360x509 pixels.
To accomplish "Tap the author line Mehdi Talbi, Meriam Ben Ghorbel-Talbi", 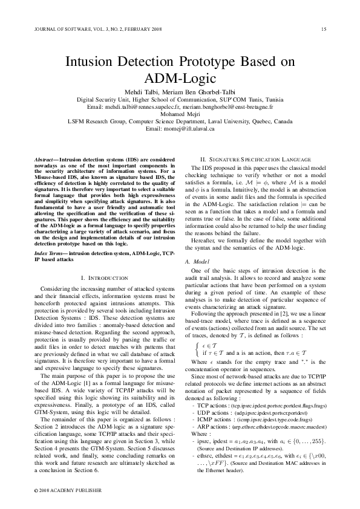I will click(x=180, y=91).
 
